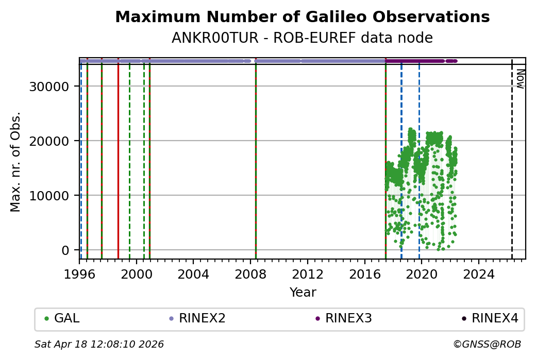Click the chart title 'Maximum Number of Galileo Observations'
point(302,17)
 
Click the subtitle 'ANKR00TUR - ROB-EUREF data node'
point(302,38)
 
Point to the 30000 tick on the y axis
point(49,87)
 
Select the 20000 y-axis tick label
point(49,141)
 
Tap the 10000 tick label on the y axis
point(49,196)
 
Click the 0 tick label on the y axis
point(65,250)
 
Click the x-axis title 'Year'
point(303,293)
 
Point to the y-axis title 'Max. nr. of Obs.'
point(16,161)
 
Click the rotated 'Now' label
point(520,78)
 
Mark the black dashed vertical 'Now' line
point(512,165)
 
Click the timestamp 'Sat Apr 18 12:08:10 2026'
point(99,344)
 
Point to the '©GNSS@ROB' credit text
point(487,344)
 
